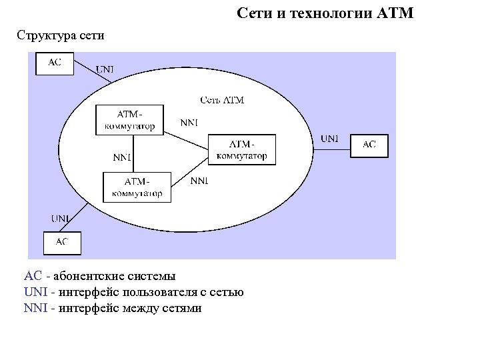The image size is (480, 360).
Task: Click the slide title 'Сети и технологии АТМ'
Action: tap(325, 13)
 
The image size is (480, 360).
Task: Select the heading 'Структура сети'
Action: tap(61, 35)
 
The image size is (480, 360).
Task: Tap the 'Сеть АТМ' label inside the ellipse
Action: tap(222, 100)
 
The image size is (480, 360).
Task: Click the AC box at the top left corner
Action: tap(54, 63)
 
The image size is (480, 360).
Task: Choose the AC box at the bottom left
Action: tap(62, 243)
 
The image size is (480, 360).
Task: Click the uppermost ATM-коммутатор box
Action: tap(130, 120)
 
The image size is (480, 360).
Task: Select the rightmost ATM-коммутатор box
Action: tap(242, 150)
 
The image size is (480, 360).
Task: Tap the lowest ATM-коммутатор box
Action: tap(137, 187)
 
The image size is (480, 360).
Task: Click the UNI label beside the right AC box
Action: tap(329, 139)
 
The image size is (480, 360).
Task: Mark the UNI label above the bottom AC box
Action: tap(61, 218)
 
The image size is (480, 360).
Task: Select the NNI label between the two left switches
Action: tap(121, 158)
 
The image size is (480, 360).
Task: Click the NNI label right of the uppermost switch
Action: tap(189, 123)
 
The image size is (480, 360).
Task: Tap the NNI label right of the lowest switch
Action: tap(199, 181)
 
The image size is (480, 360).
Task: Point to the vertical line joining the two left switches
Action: tap(135, 153)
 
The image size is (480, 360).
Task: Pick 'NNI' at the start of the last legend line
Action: tap(35, 308)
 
